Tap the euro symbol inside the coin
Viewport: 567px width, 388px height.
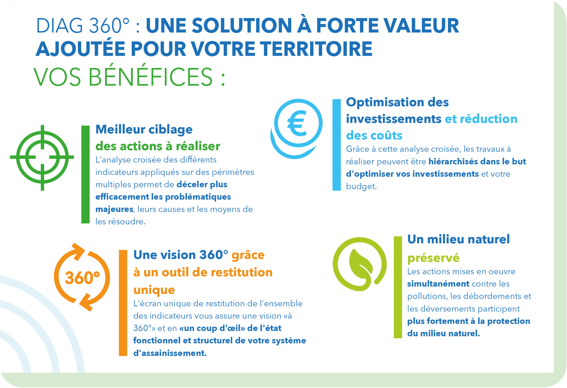[x=297, y=123]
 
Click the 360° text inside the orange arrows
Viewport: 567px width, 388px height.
[x=82, y=278]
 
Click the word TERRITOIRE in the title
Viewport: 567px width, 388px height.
[x=316, y=49]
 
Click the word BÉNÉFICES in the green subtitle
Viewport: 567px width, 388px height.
[x=151, y=77]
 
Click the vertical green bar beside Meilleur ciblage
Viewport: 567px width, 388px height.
[x=85, y=175]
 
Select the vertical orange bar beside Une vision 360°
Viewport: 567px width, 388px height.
[x=123, y=303]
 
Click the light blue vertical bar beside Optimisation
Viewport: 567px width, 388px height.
[x=337, y=145]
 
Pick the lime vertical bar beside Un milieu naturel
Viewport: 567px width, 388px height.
[x=398, y=287]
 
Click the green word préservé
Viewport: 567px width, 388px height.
[x=433, y=258]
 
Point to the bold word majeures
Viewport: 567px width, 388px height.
[x=115, y=210]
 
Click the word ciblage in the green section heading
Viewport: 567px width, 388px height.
[x=170, y=130]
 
